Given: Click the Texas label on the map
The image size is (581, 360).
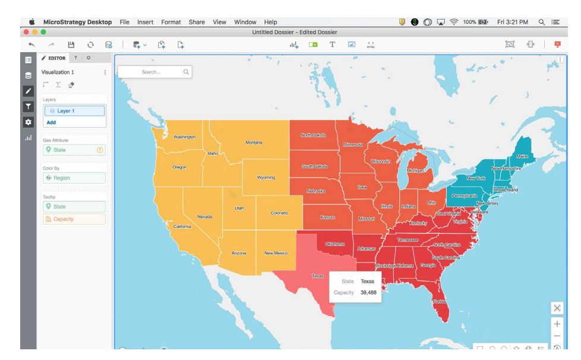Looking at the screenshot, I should (318, 276).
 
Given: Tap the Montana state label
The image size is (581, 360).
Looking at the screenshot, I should (254, 143).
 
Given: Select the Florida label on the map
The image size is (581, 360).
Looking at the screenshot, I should (439, 301).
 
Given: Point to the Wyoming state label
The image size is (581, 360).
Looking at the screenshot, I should (266, 178).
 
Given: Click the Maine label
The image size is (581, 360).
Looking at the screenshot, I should (522, 156).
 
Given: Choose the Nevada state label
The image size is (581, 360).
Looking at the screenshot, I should (204, 216).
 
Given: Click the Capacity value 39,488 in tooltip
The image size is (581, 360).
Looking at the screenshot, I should (368, 292).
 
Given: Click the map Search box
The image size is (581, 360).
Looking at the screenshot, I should (154, 72).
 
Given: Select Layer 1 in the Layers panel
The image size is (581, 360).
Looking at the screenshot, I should (74, 111).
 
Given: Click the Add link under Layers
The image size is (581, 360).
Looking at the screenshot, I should (52, 122).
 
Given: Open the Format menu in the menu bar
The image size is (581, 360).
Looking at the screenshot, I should (171, 22).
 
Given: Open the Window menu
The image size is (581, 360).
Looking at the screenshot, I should (245, 22).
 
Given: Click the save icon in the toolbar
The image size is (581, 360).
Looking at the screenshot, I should (70, 45).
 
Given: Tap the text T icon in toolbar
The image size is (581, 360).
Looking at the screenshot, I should (332, 45).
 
